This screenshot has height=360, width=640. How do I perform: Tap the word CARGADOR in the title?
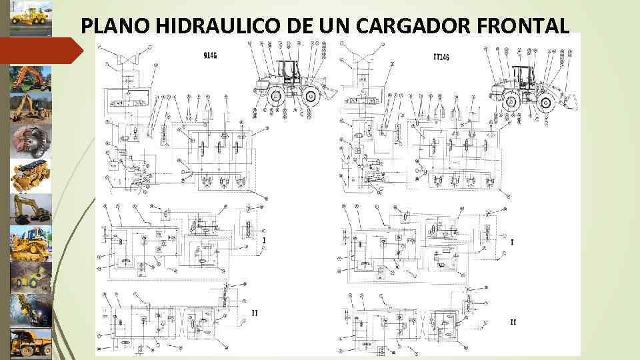click(x=406, y=25)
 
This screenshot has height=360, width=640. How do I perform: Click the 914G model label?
click(x=210, y=55)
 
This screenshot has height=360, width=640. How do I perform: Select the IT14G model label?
click(x=441, y=57)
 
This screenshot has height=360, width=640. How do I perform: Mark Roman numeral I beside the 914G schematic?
click(x=265, y=241)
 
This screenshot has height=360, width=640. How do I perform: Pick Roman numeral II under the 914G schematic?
click(x=255, y=312)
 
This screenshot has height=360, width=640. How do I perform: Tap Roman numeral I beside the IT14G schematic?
click(x=511, y=243)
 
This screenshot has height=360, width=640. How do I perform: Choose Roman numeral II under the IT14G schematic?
click(x=513, y=322)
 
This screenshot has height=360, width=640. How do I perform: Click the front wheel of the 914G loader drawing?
click(x=311, y=97)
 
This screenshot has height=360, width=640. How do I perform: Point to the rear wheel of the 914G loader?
click(x=275, y=97)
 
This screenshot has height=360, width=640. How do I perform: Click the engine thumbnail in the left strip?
click(x=31, y=175)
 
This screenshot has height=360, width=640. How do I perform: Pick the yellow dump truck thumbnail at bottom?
click(x=31, y=343)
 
